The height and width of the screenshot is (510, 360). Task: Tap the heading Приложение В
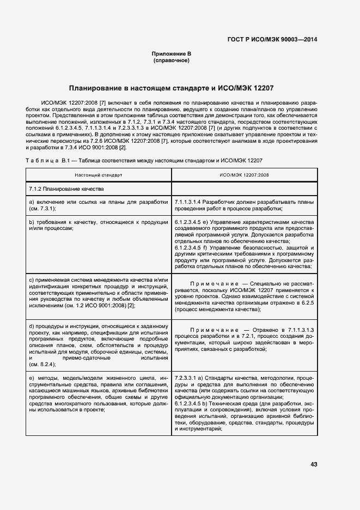pyautogui.click(x=172, y=54)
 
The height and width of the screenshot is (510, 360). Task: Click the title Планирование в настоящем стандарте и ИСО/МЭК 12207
pyautogui.click(x=171, y=88)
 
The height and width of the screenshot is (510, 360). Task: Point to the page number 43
pyautogui.click(x=314, y=464)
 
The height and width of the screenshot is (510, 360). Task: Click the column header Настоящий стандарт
pyautogui.click(x=99, y=175)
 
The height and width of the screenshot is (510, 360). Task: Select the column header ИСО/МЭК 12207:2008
pyautogui.click(x=244, y=175)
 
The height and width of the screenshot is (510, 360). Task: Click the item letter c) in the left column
pyautogui.click(x=32, y=280)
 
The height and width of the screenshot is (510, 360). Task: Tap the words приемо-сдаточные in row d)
pyautogui.click(x=88, y=357)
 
